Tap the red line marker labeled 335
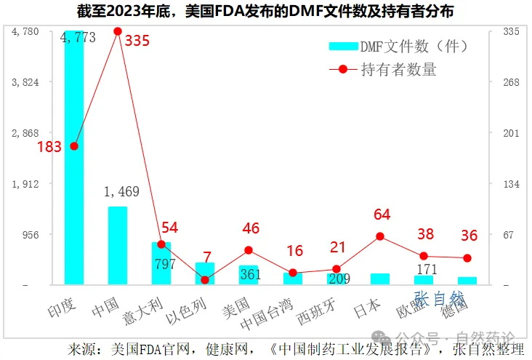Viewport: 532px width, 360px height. [118, 31]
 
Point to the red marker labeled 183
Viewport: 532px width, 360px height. [74, 146]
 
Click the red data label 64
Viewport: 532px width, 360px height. [382, 215]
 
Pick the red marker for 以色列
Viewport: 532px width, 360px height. [205, 280]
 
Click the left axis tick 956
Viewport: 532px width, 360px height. [31, 235]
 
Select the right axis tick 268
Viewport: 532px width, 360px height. [511, 82]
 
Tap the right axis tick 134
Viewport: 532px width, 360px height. [511, 184]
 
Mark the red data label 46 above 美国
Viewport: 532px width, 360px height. [251, 228]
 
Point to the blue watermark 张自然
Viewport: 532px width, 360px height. [438, 297]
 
